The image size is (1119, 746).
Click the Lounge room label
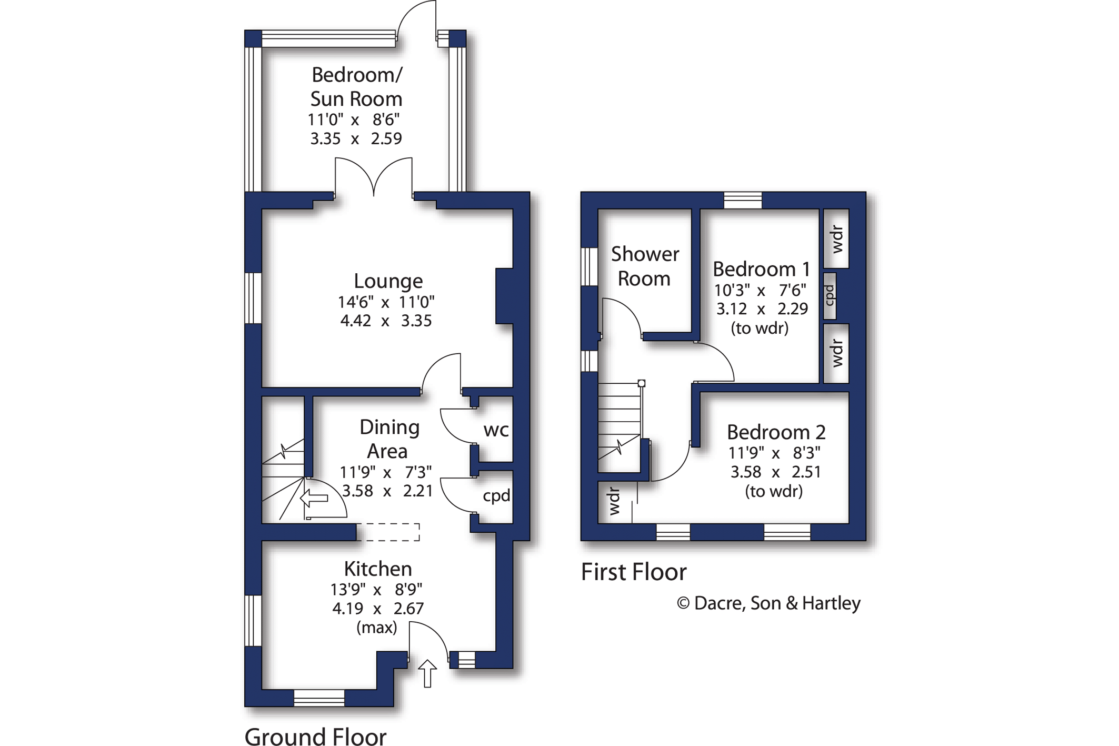coord(388,281)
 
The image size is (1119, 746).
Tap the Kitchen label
coord(378,569)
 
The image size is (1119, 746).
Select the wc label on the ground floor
coord(496,431)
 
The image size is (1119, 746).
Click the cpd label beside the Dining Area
coord(496,496)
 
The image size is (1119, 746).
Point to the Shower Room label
coord(645,266)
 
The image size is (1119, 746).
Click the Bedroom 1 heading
coord(761,269)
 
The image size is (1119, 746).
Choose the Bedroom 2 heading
coord(776,432)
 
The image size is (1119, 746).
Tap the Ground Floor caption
coord(316,736)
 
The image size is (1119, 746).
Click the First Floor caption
coord(634,572)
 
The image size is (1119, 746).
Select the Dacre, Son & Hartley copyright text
coord(768,603)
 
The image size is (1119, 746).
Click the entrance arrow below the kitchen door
coord(427,673)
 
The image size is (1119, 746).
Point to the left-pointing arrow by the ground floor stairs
coord(314,498)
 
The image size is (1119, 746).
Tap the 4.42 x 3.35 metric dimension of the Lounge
coord(386,321)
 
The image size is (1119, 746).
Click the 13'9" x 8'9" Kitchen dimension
coord(376,589)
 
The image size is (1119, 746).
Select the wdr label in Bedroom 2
coord(614,501)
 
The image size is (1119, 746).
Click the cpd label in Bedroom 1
coord(829,295)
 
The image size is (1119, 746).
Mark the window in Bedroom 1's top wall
coord(743,201)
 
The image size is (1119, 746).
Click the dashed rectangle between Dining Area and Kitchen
coord(388,532)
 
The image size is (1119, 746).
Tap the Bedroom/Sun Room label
coord(356,87)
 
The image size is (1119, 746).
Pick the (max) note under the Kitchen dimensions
coord(377,628)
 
